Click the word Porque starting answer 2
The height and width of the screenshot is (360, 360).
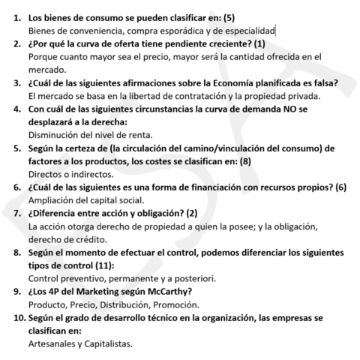pos(45,55)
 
